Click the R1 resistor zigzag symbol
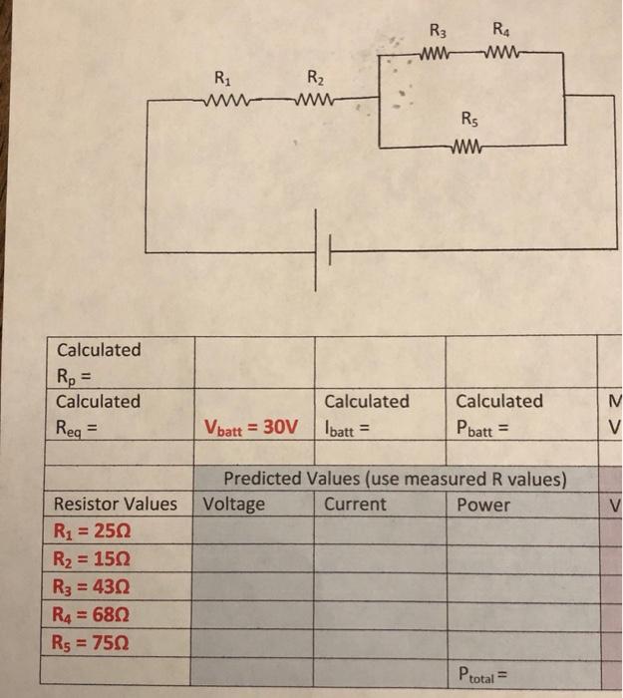click(226, 99)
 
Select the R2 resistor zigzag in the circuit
click(318, 99)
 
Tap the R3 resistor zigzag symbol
click(440, 52)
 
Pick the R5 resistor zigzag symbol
click(466, 152)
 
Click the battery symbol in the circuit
click(323, 255)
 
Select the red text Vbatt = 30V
click(250, 427)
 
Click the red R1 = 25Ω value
click(92, 531)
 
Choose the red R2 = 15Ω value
click(92, 558)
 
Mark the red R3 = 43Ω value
click(92, 586)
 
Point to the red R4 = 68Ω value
click(92, 614)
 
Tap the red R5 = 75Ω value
click(92, 642)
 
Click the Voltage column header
click(233, 504)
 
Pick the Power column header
click(482, 504)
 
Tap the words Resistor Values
click(116, 504)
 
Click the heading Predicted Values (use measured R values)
click(395, 479)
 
